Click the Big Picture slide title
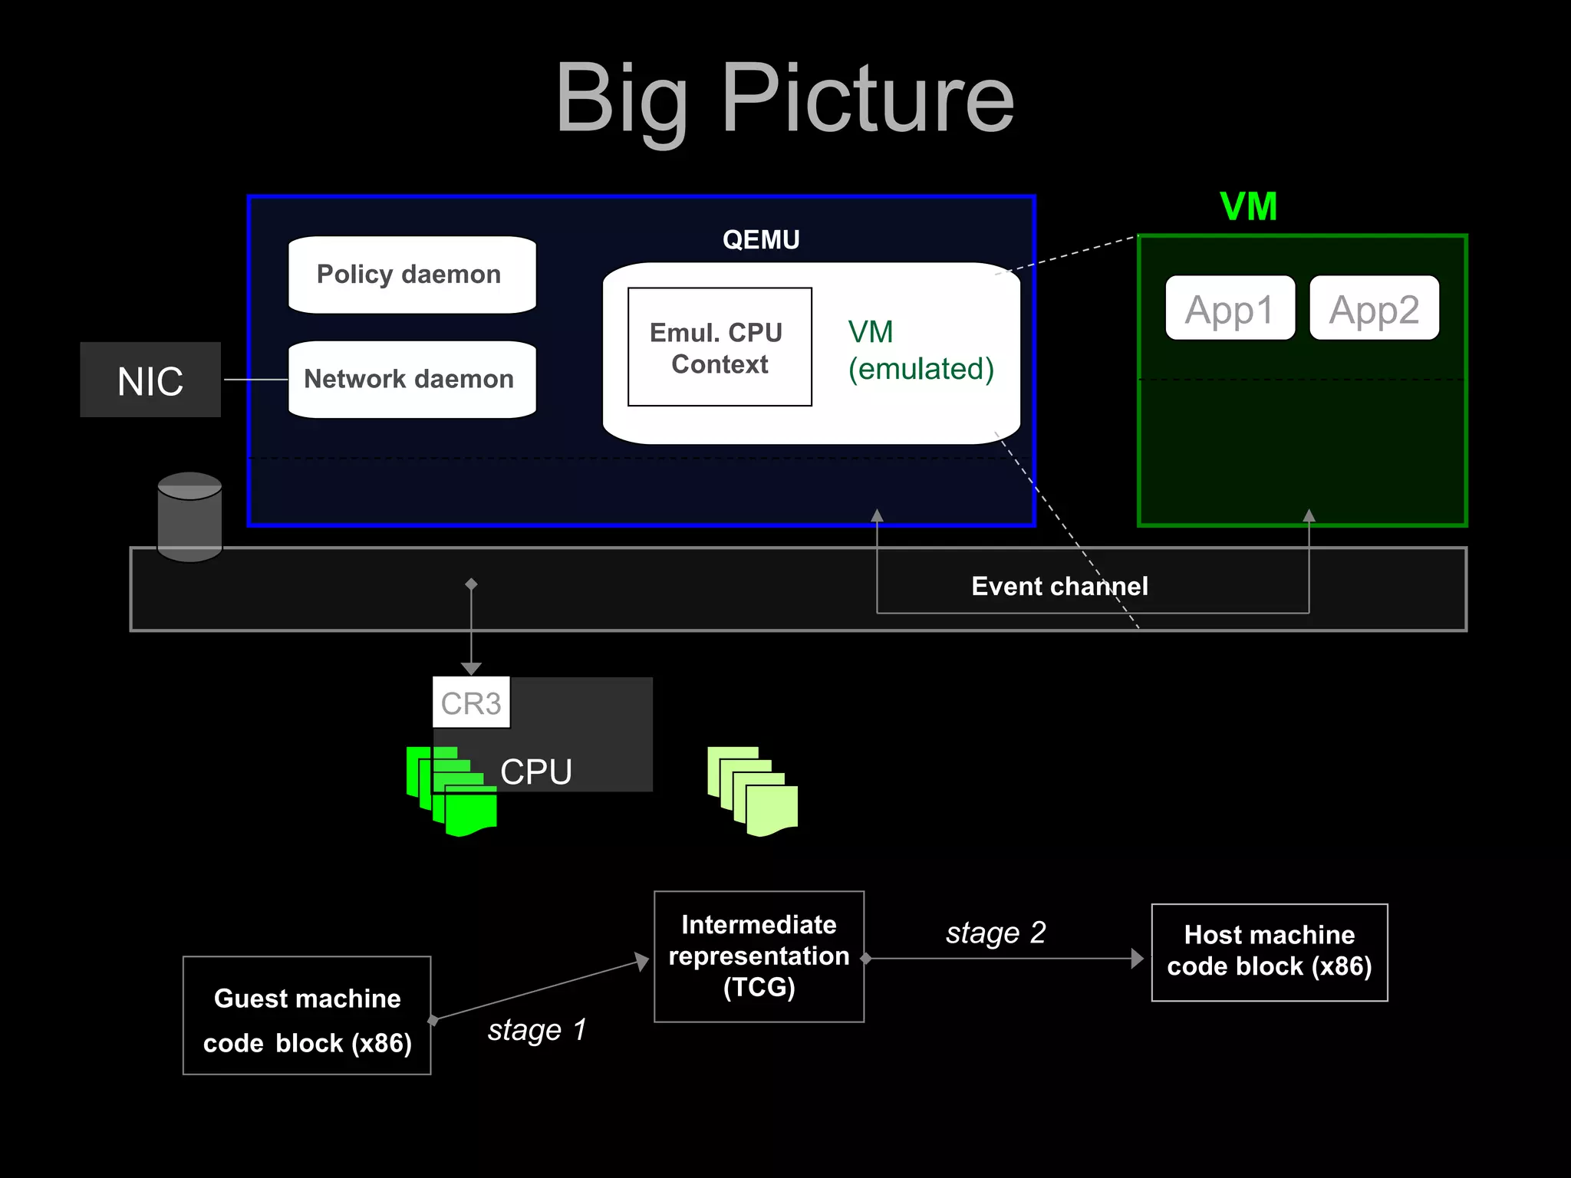(785, 100)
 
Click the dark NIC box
(150, 380)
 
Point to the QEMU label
(761, 240)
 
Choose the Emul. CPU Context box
(719, 347)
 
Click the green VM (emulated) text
(920, 350)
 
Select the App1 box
(1230, 308)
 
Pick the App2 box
(1374, 308)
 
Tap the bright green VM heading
(1248, 207)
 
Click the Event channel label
(1059, 587)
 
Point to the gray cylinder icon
(189, 516)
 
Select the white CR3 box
(471, 703)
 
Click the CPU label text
(536, 772)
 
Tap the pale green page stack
(753, 791)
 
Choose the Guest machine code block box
(307, 1015)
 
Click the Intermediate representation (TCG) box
(759, 956)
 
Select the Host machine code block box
(1269, 952)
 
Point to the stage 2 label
(996, 933)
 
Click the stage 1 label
(537, 1030)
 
